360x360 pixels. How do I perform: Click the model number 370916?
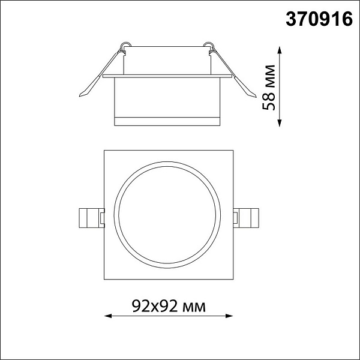pos(319,19)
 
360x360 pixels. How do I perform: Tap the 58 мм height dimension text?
pos(269,88)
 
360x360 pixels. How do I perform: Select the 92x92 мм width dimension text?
pos(169,306)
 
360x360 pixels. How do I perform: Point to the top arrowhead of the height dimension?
pos(280,50)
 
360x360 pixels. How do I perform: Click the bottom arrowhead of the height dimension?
pos(280,123)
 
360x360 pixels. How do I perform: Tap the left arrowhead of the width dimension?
pos(108,316)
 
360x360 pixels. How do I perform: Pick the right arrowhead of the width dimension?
pos(229,316)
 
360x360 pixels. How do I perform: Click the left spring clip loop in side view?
pos(125,46)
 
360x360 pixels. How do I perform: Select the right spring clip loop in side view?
pos(209,46)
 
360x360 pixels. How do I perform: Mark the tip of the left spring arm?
pos(80,95)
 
